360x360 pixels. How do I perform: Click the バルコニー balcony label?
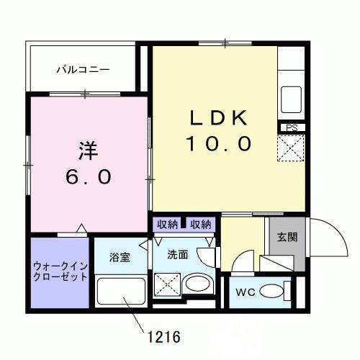click(84, 70)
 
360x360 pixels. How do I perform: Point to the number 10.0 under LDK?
click(220, 144)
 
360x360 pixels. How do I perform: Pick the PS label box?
click(292, 127)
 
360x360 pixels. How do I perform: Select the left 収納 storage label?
click(167, 224)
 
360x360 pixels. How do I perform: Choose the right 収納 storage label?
click(201, 224)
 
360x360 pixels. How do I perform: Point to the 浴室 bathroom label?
click(120, 257)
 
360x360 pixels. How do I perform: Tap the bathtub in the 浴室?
click(120, 293)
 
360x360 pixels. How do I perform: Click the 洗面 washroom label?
click(179, 253)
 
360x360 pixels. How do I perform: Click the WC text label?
click(244, 292)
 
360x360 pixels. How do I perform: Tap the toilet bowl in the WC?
click(273, 292)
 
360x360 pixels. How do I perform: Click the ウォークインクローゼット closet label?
click(60, 271)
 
